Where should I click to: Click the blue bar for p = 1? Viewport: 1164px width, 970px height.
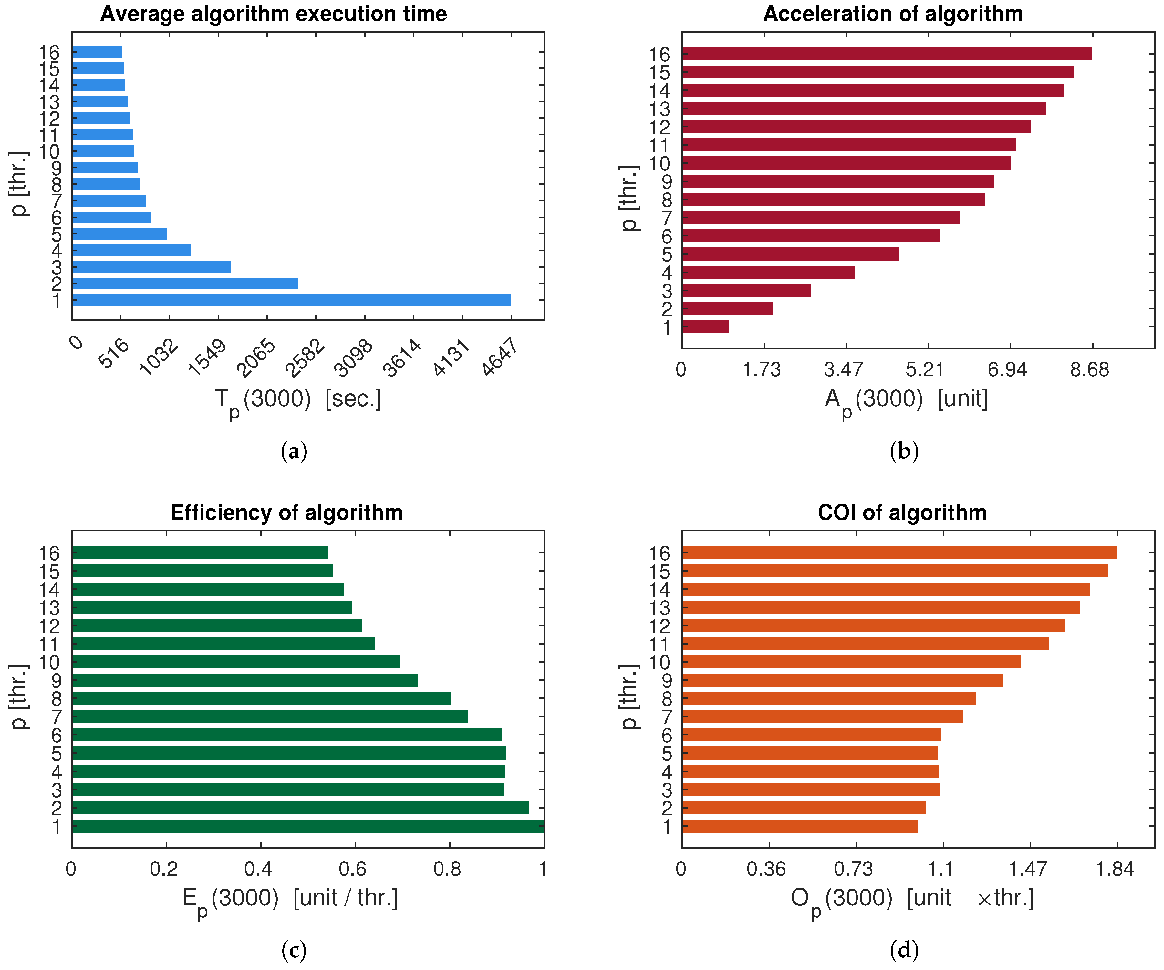coord(291,300)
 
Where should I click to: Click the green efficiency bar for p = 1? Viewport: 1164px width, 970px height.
coord(307,826)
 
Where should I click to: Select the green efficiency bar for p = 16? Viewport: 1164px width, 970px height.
coord(200,552)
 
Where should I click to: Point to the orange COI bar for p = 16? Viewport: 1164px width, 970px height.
coord(899,552)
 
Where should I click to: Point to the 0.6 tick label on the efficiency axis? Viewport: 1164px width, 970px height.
coord(353,869)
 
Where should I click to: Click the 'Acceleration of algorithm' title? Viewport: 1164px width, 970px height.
coord(893,14)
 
